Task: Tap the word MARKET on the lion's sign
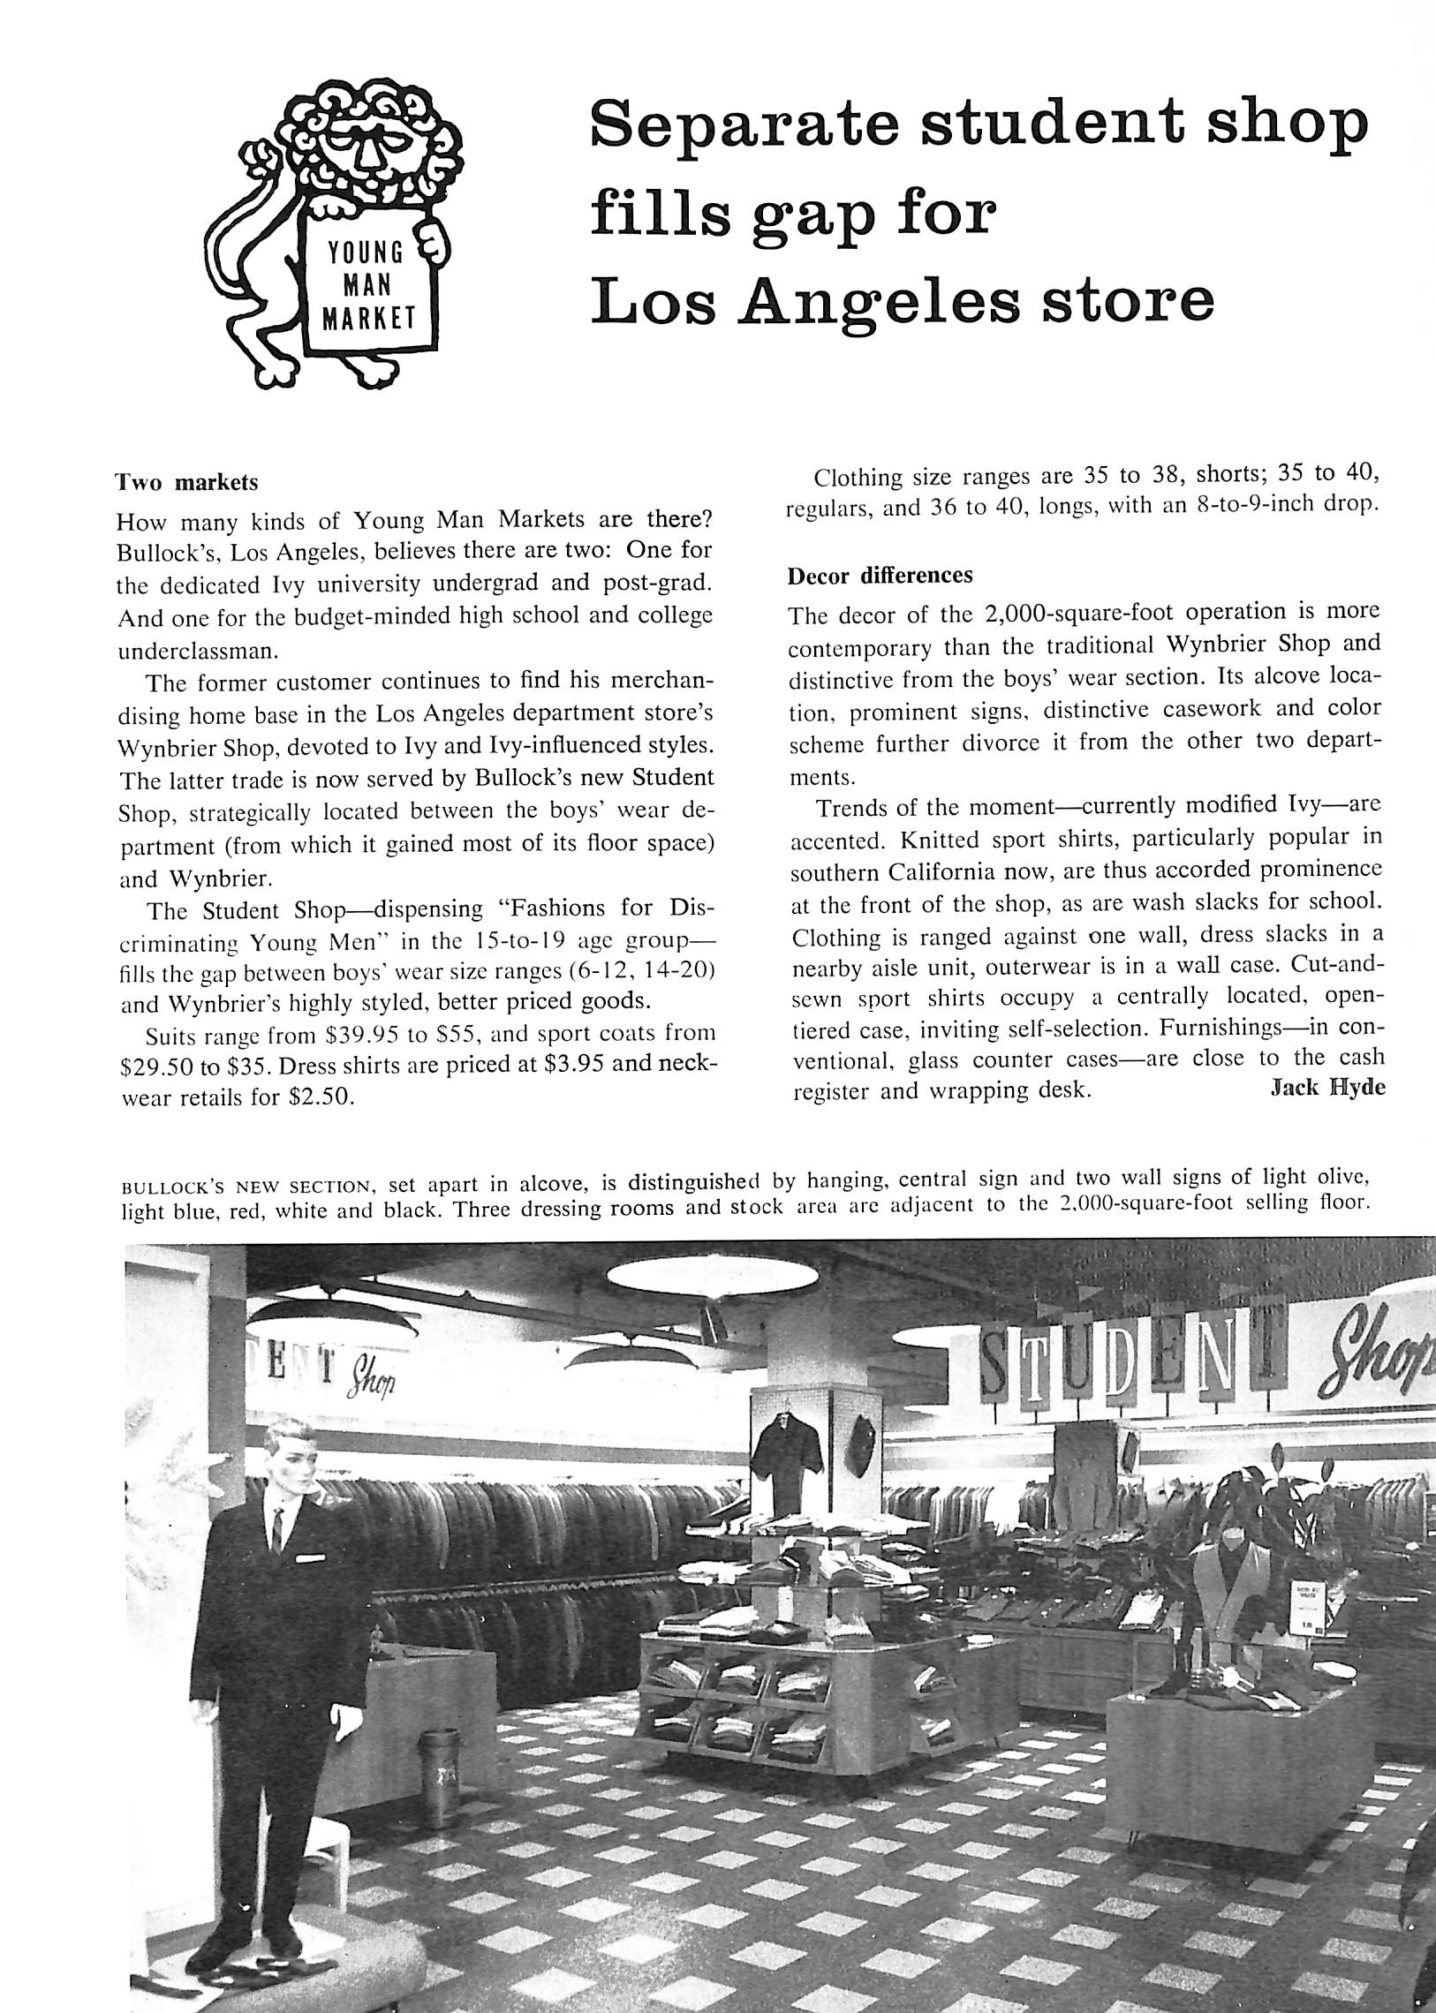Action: [368, 318]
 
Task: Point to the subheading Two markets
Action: [186, 483]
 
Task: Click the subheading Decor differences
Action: [880, 576]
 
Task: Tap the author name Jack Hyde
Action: [1326, 1088]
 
